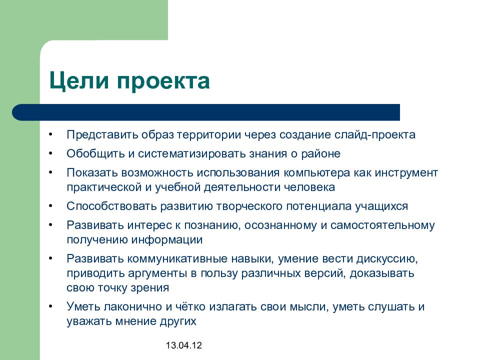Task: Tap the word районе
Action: (322, 153)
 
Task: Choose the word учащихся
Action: (384, 206)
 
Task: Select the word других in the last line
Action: (178, 321)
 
